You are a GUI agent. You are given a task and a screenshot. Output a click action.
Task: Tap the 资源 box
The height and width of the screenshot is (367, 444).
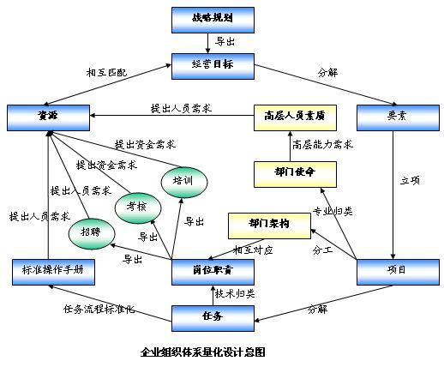48,115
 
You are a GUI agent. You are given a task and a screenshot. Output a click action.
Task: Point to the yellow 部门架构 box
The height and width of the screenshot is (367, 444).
269,225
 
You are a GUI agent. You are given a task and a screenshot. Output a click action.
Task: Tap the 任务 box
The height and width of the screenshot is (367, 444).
213,317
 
